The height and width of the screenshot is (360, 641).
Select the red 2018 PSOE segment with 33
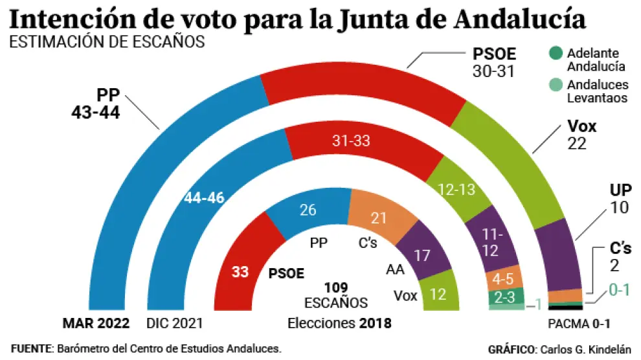pyautogui.click(x=240, y=272)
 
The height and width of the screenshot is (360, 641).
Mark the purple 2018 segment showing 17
pyautogui.click(x=422, y=254)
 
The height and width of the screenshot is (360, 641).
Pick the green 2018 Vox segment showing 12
pyautogui.click(x=438, y=295)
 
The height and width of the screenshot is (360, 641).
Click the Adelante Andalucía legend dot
pyautogui.click(x=556, y=53)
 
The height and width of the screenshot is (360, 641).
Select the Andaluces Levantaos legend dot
pyautogui.click(x=556, y=84)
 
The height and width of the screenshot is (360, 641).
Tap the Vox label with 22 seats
pyautogui.click(x=581, y=135)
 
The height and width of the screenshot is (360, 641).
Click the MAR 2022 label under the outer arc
pyautogui.click(x=96, y=323)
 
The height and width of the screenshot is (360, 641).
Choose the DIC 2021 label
pyautogui.click(x=175, y=323)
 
